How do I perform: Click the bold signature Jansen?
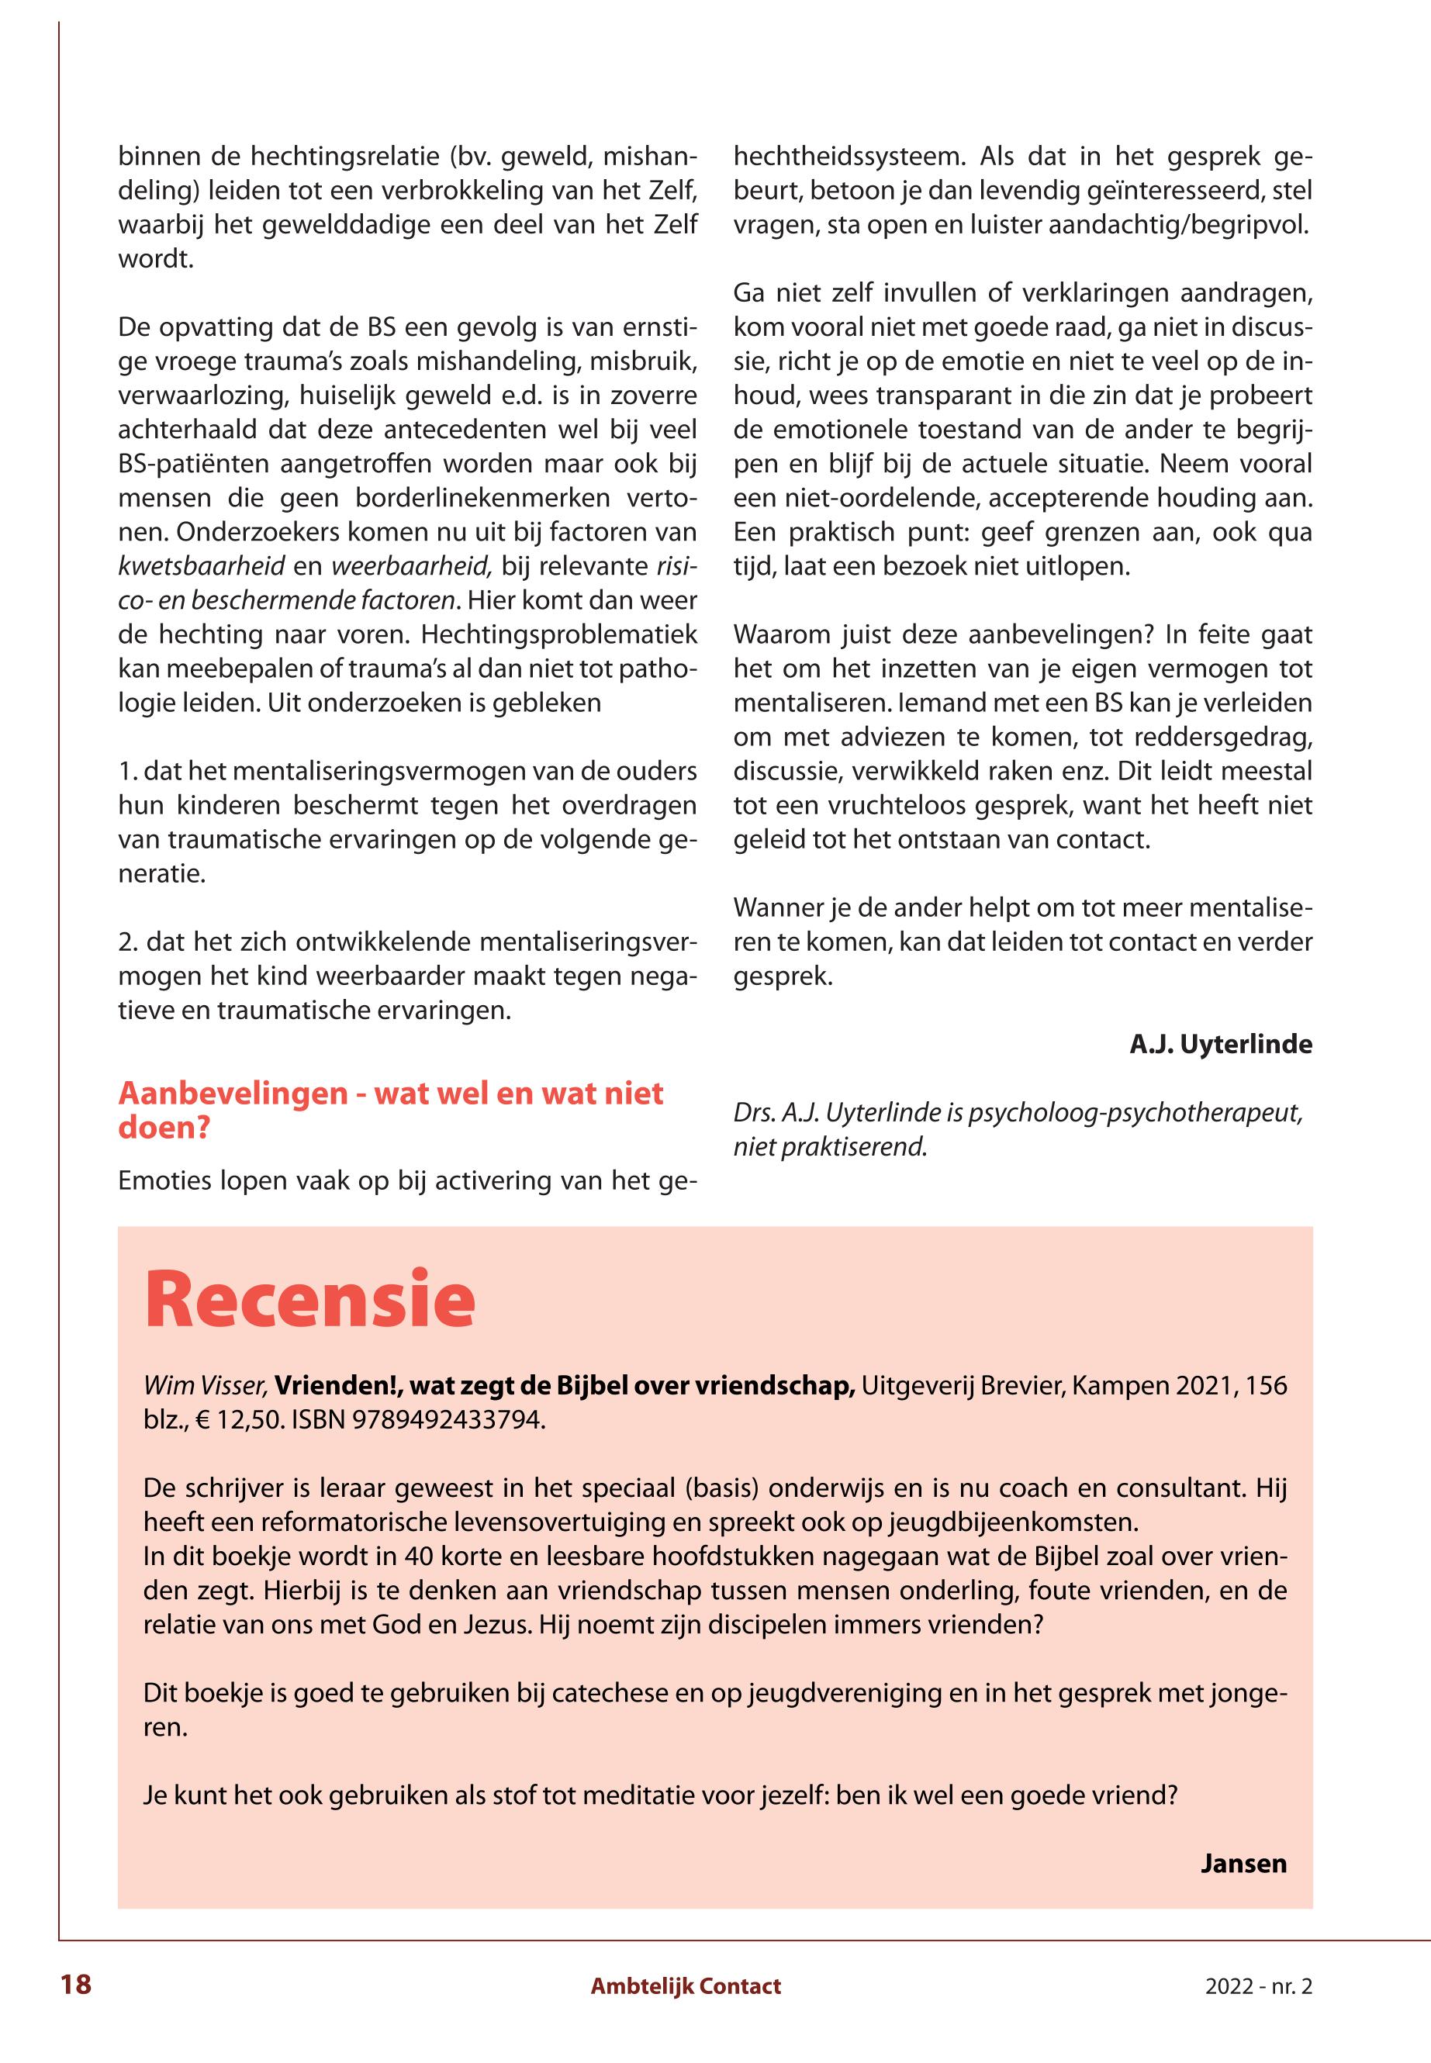pos(1243,1864)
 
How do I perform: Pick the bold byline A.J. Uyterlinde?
pos(1220,1045)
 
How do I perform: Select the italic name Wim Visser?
pos(206,1386)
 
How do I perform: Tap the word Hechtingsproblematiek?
pos(559,634)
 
